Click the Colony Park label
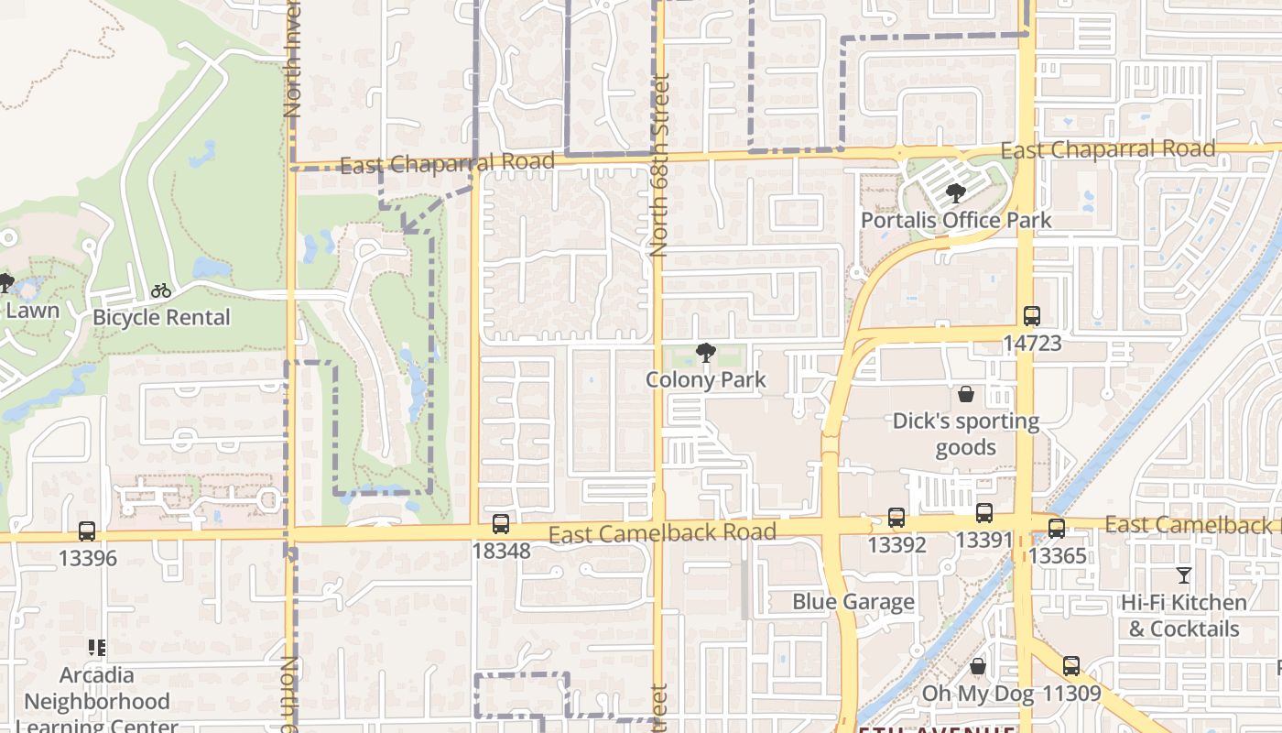tap(705, 379)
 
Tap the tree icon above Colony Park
tap(705, 352)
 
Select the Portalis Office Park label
tap(956, 220)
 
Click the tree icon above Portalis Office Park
tap(956, 193)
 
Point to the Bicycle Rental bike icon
tap(161, 290)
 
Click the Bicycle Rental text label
tap(161, 317)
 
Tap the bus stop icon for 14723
tap(1032, 316)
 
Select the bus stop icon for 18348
tap(500, 524)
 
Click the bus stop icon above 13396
tap(87, 531)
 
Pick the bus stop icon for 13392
tap(896, 518)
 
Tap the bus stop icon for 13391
tap(984, 513)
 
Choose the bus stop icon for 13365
tap(1057, 529)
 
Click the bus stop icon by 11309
tap(1071, 666)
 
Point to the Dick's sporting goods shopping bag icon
tap(966, 394)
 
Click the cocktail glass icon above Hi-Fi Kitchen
tap(1184, 575)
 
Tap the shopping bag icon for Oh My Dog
tap(978, 666)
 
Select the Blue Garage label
tap(853, 601)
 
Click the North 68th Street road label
tap(660, 165)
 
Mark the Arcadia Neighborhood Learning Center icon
tap(97, 648)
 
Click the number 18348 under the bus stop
tap(501, 551)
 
